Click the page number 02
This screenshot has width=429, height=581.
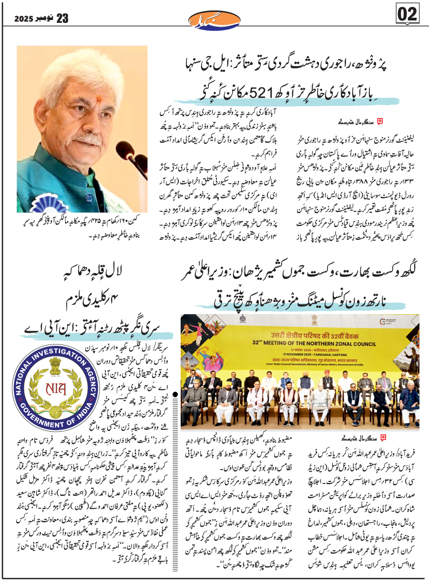pyautogui.click(x=407, y=14)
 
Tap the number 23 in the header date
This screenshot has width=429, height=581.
pyautogui.click(x=62, y=19)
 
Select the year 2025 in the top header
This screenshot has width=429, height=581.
pyautogui.click(x=22, y=19)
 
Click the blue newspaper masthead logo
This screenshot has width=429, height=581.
pyautogui.click(x=208, y=19)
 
